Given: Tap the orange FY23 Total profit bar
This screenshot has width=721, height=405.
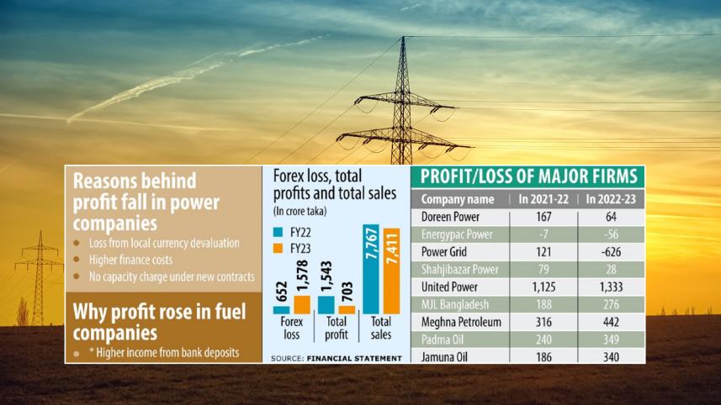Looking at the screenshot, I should tap(347, 309).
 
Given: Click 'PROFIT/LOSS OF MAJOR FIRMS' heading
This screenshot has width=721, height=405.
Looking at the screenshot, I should tap(527, 176).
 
